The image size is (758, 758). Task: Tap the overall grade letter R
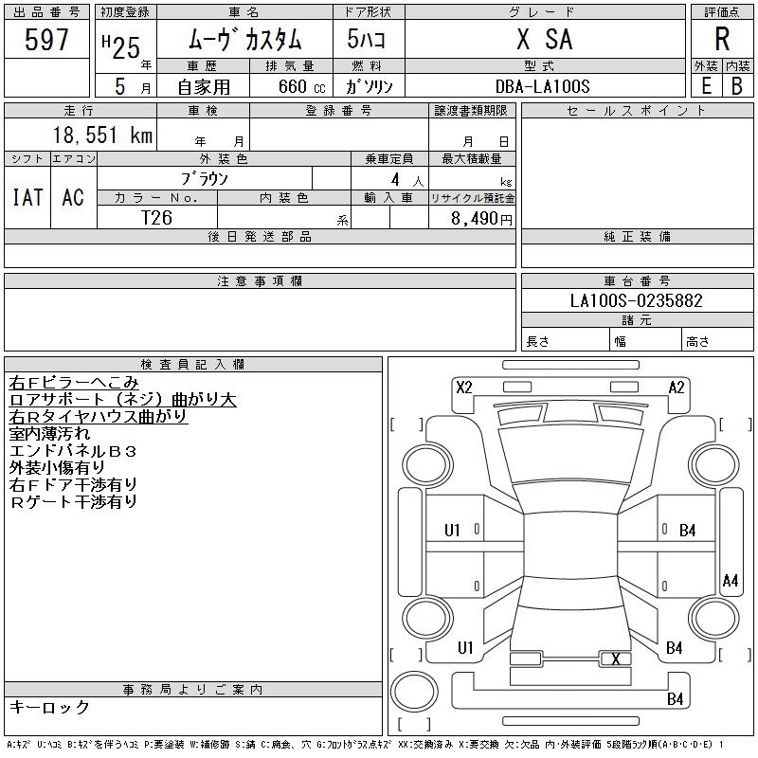click(x=721, y=40)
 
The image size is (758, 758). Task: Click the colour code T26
click(x=156, y=216)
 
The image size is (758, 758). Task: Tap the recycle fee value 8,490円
click(x=482, y=218)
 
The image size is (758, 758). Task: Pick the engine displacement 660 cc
click(x=288, y=86)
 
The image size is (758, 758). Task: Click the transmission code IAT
click(x=27, y=197)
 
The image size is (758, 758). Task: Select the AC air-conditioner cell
click(x=73, y=197)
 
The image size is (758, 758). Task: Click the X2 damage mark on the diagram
click(x=464, y=387)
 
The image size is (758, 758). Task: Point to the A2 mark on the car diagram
click(x=677, y=387)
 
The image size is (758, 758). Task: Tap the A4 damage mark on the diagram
click(x=730, y=580)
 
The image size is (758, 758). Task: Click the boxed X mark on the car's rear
click(x=616, y=659)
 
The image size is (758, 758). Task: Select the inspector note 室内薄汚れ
click(x=49, y=433)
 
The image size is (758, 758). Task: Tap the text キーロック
click(x=49, y=707)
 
